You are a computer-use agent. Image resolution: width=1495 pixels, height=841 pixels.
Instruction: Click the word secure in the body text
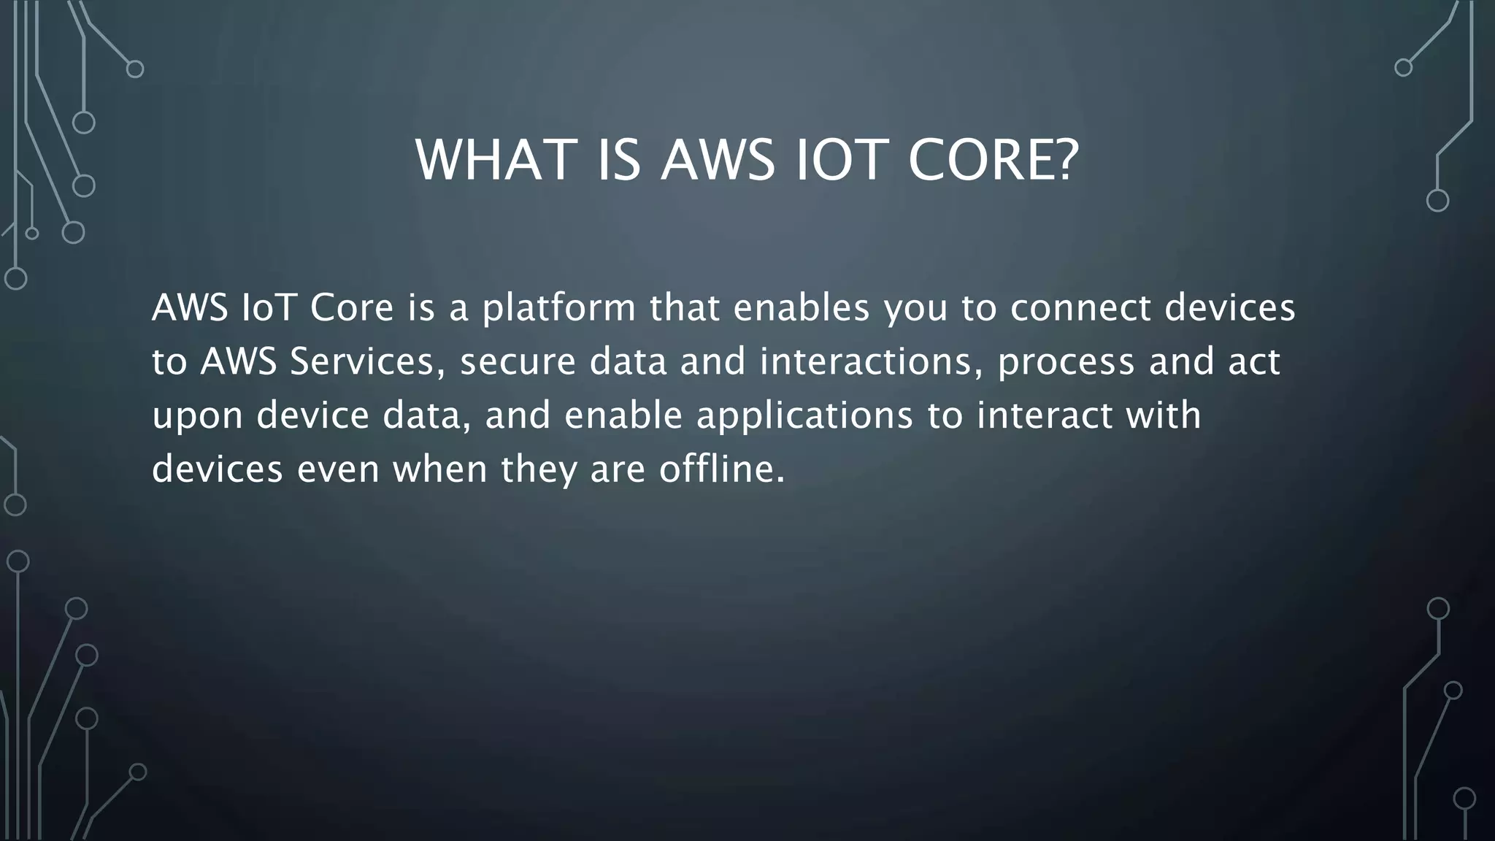tap(518, 361)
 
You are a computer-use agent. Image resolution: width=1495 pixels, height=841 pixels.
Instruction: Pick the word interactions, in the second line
tap(871, 361)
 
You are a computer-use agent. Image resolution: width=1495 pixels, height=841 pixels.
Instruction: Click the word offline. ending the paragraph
tap(722, 469)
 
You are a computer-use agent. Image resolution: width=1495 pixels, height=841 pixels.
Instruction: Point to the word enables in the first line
tap(802, 308)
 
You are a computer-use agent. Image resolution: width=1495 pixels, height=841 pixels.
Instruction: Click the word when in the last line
tap(440, 469)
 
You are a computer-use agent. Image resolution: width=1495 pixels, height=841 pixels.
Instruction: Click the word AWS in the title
tap(718, 160)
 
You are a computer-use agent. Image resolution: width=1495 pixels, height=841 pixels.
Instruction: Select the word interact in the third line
tap(1045, 415)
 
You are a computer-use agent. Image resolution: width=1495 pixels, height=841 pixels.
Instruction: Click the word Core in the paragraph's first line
tap(352, 308)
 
